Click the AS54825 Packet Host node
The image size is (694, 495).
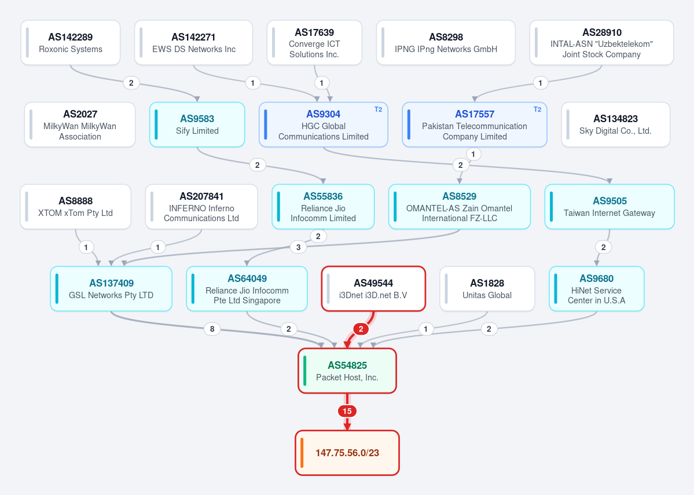[x=347, y=371]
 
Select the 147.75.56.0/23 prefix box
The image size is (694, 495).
[x=347, y=453]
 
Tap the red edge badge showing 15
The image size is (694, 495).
[x=347, y=411]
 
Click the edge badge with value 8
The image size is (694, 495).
[x=212, y=329]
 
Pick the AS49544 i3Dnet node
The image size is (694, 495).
[x=373, y=289]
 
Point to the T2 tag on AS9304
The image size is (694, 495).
[x=378, y=109]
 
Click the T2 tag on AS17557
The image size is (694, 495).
[x=537, y=109]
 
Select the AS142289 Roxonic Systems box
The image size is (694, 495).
[x=71, y=42]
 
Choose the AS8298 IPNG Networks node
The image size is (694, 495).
[x=446, y=42]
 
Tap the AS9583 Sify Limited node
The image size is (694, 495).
[x=197, y=124]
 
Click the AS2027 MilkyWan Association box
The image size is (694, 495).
[x=80, y=124]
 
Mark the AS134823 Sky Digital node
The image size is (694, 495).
[x=616, y=124]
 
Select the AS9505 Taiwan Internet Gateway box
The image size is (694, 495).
[x=609, y=207]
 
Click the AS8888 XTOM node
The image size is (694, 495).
[x=76, y=207]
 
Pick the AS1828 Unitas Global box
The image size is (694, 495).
[x=487, y=289]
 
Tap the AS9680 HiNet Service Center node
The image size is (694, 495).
[x=597, y=289]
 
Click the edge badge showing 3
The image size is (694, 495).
[x=298, y=247]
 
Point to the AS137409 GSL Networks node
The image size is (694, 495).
[x=111, y=289]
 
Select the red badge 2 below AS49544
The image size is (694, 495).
[x=361, y=329]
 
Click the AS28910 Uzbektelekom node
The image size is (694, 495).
[x=601, y=42]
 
